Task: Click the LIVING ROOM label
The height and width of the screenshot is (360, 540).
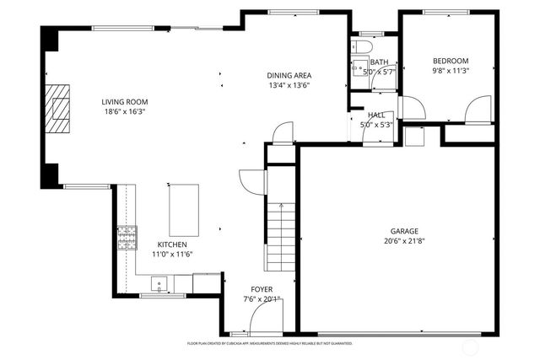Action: [125, 101]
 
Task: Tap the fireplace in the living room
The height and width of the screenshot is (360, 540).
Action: [58, 109]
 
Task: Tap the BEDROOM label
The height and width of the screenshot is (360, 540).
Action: [451, 61]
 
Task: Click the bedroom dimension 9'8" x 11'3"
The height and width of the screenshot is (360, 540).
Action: [451, 71]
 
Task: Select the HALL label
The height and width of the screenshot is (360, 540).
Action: [376, 115]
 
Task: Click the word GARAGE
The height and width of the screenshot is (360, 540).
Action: [403, 230]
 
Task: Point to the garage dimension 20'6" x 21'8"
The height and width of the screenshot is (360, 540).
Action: [403, 240]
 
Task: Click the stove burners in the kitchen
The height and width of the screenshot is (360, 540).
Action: [127, 238]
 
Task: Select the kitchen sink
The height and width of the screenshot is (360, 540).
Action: [159, 283]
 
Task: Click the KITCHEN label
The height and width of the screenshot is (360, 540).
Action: [171, 244]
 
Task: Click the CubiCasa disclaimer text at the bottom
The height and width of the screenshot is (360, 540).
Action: [270, 344]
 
